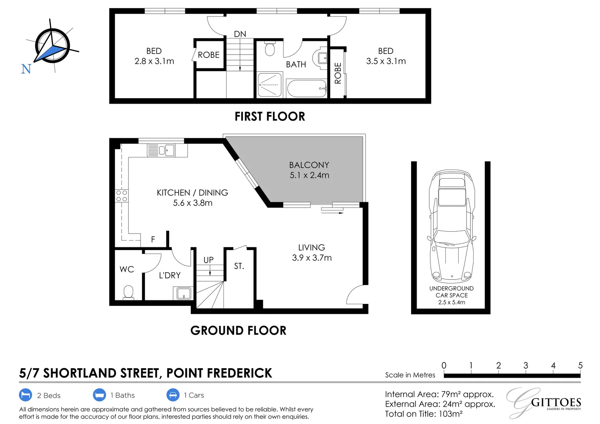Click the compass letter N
[26, 69]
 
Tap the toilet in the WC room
[128, 292]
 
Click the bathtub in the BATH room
[307, 88]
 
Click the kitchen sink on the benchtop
[161, 150]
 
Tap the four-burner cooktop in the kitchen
[122, 196]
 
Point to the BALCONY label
[309, 165]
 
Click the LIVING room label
[311, 247]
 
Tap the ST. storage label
[239, 266]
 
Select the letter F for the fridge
[153, 239]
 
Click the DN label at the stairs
[240, 34]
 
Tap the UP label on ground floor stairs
[209, 260]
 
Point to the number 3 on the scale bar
[525, 366]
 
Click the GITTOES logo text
[556, 402]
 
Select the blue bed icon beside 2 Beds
[26, 395]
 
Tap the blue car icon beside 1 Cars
[173, 395]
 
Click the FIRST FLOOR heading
[270, 117]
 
